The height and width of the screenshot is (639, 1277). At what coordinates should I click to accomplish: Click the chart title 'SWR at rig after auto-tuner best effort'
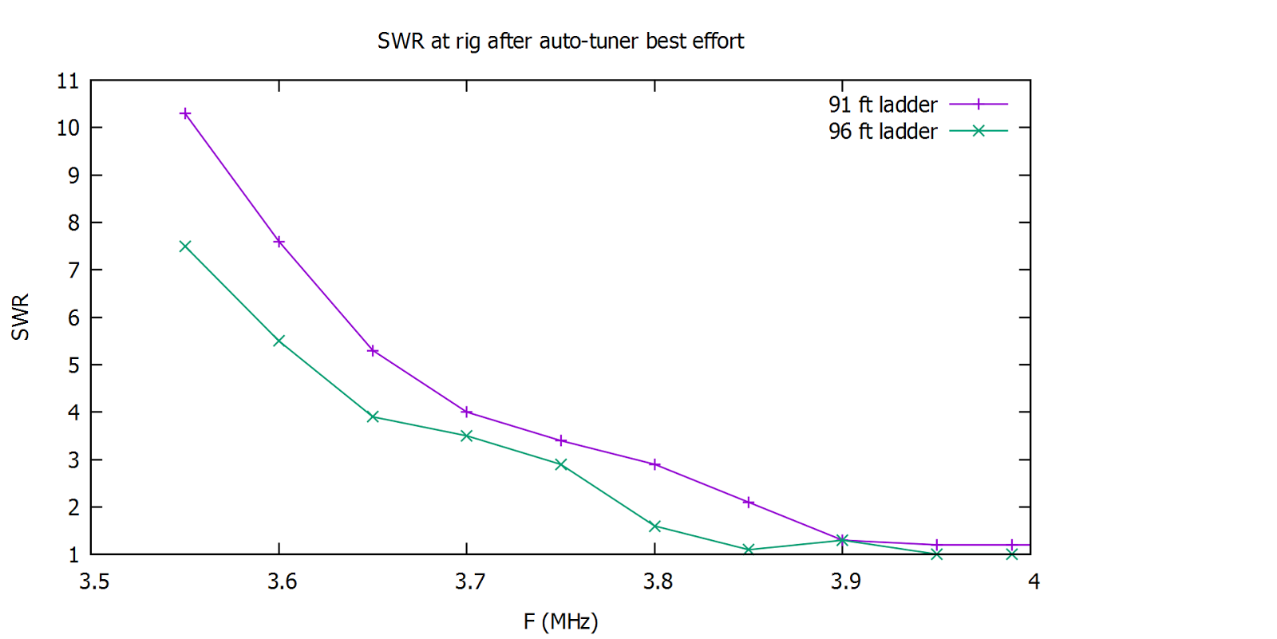[560, 41]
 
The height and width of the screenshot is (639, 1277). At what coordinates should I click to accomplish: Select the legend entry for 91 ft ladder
[918, 105]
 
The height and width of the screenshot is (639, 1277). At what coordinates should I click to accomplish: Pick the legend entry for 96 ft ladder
[918, 131]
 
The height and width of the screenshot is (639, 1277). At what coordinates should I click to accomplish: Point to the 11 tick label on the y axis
[68, 81]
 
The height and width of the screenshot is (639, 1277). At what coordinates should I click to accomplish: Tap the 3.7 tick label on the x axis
[470, 582]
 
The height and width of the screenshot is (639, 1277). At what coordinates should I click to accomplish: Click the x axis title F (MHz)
[560, 621]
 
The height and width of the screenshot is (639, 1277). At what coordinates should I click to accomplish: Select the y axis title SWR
[20, 318]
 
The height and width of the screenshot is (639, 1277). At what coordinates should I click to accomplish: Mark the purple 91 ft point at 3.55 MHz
[185, 114]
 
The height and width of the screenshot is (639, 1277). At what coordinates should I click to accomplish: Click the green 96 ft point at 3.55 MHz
[185, 247]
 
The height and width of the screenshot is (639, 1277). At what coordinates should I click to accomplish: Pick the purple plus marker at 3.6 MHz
[279, 242]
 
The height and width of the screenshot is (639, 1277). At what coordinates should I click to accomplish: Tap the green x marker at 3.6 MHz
[279, 341]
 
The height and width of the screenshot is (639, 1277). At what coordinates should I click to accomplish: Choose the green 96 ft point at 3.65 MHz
[373, 417]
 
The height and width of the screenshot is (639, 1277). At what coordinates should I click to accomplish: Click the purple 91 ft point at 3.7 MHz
[467, 412]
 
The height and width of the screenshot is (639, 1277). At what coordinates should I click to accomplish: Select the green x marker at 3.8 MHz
[654, 527]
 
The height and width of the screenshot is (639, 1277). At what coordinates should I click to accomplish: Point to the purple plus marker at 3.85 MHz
[749, 503]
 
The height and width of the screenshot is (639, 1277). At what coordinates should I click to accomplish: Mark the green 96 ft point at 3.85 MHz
[749, 550]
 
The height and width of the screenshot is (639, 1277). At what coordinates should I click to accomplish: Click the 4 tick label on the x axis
[1034, 582]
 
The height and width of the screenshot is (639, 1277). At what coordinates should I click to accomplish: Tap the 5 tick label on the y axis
[73, 365]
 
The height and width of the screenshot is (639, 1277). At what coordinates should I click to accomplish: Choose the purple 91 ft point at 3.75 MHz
[561, 441]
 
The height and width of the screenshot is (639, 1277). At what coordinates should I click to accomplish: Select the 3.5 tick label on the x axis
[94, 582]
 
